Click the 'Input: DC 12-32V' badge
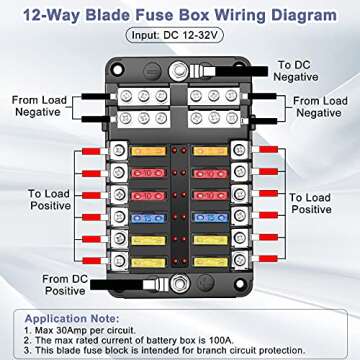(174, 35)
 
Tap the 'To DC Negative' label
(295, 71)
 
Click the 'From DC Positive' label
(65, 285)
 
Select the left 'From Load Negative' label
(39, 106)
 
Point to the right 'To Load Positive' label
(311, 203)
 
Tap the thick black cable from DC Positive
(117, 284)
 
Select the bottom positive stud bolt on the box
(180, 284)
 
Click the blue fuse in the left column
(149, 218)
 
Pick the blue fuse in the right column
(210, 218)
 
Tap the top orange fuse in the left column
(148, 151)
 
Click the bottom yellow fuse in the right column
(210, 262)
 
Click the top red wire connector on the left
(91, 151)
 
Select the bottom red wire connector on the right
(268, 259)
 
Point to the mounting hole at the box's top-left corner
(117, 70)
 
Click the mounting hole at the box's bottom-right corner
(239, 284)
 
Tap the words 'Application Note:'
(72, 318)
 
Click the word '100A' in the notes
(222, 340)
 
